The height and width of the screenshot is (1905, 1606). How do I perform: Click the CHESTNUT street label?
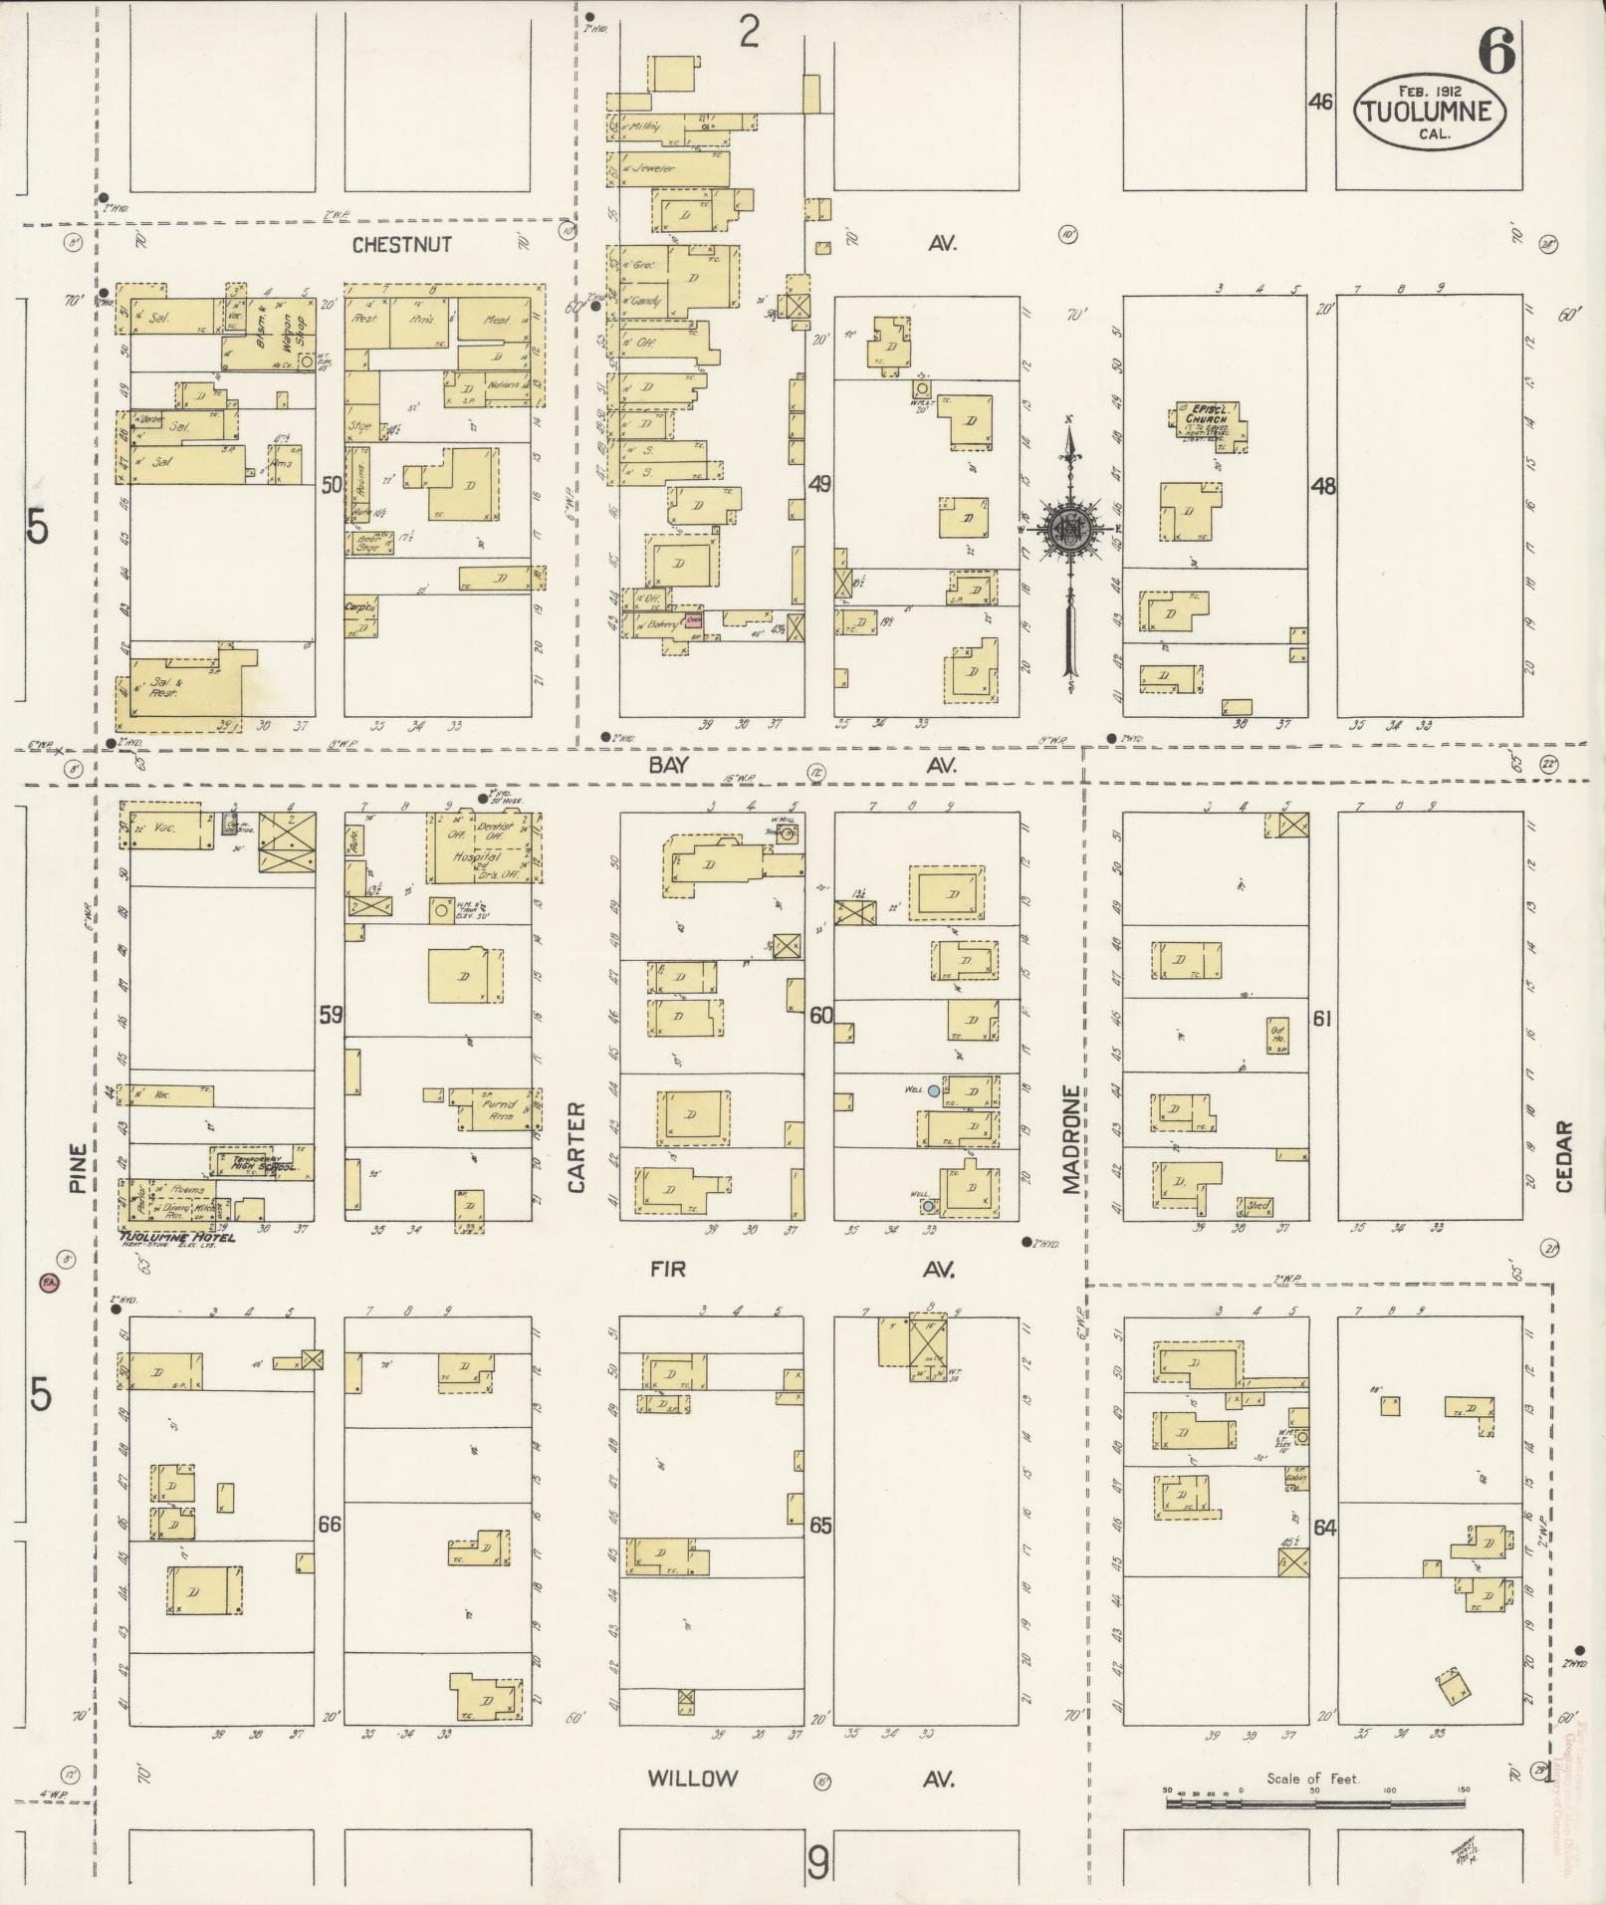(402, 244)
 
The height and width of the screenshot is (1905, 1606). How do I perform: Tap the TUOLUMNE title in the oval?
(1429, 112)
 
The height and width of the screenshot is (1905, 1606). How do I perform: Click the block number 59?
(332, 1016)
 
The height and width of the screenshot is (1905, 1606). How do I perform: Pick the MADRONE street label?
(1070, 1138)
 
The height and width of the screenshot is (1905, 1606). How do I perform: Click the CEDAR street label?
(1563, 1156)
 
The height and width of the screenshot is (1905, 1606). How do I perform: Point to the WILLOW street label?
(693, 1779)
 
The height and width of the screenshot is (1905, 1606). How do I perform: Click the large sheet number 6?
(1496, 52)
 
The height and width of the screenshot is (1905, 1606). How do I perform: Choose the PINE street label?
(78, 1166)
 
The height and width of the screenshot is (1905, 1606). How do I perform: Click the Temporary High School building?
(261, 1161)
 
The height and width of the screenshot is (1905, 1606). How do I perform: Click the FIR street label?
(667, 1269)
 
